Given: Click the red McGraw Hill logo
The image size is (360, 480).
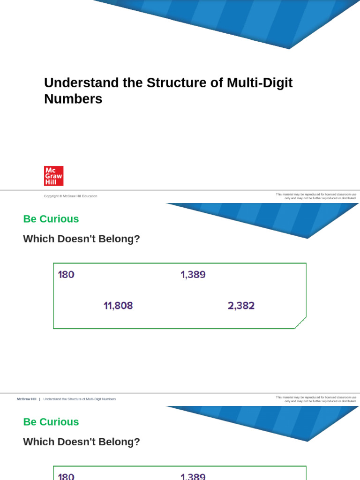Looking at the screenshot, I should point(53,176).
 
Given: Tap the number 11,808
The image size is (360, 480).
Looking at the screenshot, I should point(118,306).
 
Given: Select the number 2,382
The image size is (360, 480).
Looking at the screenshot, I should point(241,306).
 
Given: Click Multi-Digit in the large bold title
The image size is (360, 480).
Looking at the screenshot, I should point(260,83).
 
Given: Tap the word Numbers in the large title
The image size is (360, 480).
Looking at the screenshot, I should point(73,99).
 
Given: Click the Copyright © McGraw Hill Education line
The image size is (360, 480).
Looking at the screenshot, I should point(70,196).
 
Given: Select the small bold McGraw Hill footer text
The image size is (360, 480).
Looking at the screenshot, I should point(26,399).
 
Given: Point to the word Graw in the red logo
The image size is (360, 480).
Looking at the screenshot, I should point(53,176).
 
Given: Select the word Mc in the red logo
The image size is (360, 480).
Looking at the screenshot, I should point(50,170).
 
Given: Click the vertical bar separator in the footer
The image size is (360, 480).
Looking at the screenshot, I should point(39,399).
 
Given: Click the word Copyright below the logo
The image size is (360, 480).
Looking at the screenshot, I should point(51,196).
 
